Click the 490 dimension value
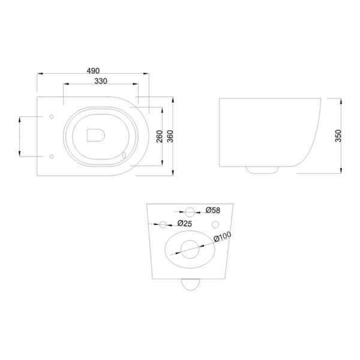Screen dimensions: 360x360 [x=93, y=71]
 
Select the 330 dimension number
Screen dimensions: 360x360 [x=101, y=81]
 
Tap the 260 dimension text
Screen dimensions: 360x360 [x=160, y=136]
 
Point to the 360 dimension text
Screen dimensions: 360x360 [x=170, y=136]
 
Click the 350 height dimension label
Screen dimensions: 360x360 [x=338, y=136]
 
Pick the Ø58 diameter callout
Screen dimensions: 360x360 [x=213, y=210]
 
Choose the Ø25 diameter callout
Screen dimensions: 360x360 [x=185, y=223]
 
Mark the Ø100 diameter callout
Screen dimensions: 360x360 [x=223, y=237]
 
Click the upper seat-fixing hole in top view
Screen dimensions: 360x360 [x=52, y=116]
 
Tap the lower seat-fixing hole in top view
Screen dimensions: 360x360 [x=52, y=157]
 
